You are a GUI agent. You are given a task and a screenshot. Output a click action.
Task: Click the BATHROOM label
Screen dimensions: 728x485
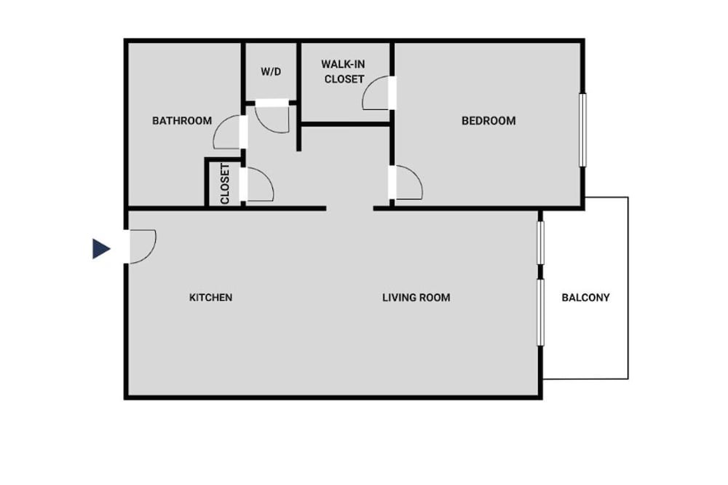pos(182,121)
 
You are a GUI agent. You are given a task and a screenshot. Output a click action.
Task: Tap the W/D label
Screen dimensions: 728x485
pos(271,71)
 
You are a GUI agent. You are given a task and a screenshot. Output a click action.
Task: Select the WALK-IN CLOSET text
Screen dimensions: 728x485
pos(344,71)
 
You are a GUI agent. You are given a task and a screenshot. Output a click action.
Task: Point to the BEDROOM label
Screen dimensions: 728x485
pos(488,121)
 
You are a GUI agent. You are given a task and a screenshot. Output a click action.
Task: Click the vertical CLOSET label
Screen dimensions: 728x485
pos(225,184)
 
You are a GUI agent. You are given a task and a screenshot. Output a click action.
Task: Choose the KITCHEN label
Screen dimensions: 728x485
pos(211,297)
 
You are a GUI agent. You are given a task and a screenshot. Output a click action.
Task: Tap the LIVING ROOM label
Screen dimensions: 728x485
pos(416,297)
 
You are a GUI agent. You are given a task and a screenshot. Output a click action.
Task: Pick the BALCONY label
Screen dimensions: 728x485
pos(585,297)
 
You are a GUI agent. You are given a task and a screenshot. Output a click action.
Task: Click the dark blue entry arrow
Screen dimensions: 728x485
pos(101,248)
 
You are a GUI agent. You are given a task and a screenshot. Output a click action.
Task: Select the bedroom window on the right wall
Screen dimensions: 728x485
pos(582,130)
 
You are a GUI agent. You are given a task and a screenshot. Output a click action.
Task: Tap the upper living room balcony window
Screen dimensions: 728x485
pos(540,243)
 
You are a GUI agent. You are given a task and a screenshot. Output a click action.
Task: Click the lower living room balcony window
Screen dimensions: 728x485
pos(540,312)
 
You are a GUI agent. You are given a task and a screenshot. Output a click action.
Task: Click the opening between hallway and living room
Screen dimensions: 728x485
pos(350,208)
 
